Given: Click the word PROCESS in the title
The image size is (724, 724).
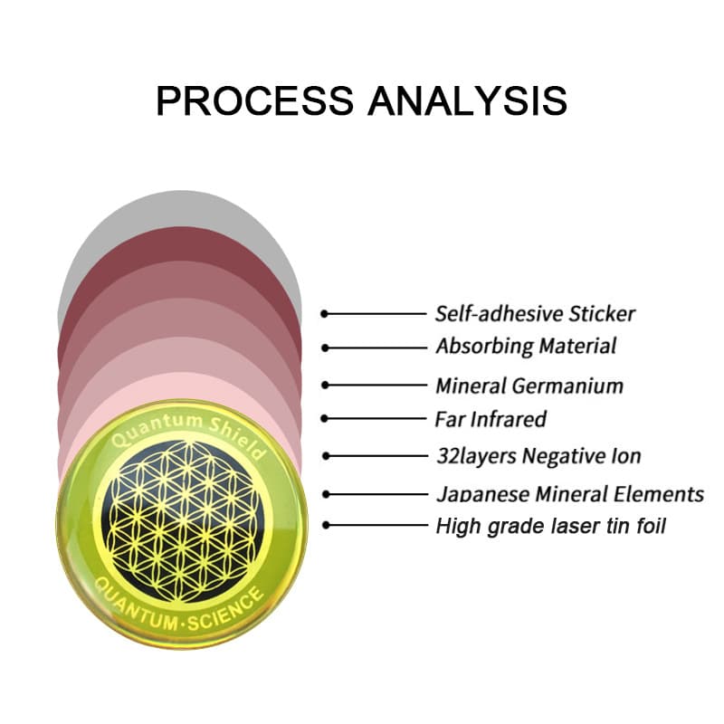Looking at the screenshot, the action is click(x=255, y=100).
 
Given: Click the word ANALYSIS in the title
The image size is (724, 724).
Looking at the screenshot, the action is click(x=468, y=100).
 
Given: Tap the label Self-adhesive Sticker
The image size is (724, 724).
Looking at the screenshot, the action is click(x=535, y=314).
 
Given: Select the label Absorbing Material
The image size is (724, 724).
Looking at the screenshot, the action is click(x=526, y=347).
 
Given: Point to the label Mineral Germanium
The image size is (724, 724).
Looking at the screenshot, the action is click(x=529, y=386).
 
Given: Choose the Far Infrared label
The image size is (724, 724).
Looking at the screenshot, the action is click(x=491, y=419).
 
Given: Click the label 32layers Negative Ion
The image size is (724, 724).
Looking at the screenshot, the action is click(x=538, y=456).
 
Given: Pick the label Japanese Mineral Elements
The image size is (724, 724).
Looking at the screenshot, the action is click(x=570, y=494).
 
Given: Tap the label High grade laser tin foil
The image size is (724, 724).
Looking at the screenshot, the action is click(x=551, y=526).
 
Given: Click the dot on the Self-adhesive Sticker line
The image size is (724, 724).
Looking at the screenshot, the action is click(x=325, y=314).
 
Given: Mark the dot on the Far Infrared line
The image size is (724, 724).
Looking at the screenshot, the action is click(x=325, y=419).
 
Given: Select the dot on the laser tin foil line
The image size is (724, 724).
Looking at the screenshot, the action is click(x=326, y=526).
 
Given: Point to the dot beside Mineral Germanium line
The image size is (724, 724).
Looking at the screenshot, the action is click(x=325, y=386).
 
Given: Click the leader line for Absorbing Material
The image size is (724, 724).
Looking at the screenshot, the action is click(x=376, y=348).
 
